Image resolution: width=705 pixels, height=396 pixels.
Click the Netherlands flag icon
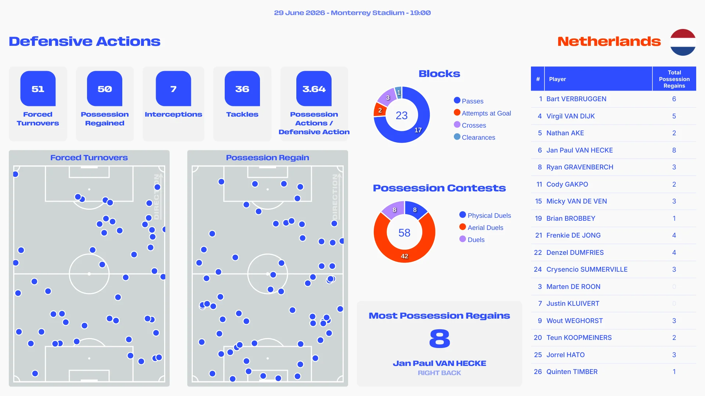(683, 42)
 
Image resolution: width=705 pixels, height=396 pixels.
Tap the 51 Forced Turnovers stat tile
(38, 104)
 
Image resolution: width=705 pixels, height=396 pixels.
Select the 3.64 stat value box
(314, 88)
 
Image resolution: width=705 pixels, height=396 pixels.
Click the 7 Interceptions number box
(173, 88)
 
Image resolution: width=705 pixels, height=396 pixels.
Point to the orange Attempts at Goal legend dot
(457, 113)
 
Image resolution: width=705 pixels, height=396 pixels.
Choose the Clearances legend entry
(474, 137)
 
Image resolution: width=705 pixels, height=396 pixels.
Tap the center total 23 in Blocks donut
(402, 115)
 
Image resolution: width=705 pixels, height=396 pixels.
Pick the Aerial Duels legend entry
(481, 227)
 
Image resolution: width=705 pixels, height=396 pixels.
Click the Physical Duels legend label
(489, 216)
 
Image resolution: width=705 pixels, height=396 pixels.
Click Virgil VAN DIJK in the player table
(571, 116)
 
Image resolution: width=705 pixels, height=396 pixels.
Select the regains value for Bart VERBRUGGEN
(674, 99)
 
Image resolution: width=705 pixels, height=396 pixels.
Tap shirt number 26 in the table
(538, 372)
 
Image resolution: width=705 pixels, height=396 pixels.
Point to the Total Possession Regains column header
(674, 79)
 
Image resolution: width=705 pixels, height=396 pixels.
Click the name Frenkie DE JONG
(574, 235)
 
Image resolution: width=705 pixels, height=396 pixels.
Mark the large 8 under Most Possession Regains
(440, 338)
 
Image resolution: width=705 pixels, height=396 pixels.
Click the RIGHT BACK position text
(440, 373)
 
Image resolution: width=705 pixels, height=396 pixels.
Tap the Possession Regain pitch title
(268, 158)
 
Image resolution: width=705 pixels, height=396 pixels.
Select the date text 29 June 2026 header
(300, 13)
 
